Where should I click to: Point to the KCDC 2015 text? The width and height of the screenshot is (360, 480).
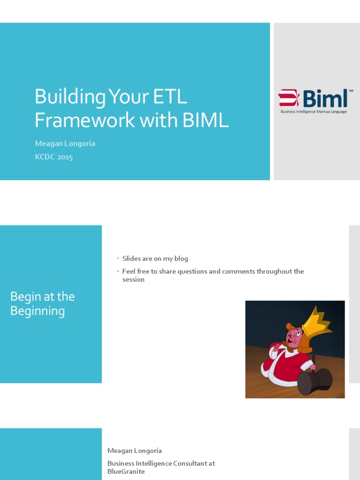[54, 157]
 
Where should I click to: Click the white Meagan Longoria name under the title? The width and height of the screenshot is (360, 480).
[65, 143]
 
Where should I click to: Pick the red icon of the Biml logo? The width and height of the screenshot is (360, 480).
[289, 98]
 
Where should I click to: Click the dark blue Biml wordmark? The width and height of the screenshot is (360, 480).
[325, 98]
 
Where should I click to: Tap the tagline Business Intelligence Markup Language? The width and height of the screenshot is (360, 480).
[314, 112]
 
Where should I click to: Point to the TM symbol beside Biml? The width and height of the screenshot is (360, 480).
[351, 90]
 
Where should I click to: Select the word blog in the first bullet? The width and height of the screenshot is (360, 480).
[181, 259]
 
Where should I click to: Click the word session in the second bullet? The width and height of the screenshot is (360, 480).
[133, 279]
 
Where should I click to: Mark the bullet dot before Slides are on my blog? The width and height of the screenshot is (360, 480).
[118, 259]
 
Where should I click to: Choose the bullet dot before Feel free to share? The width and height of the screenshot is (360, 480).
[118, 271]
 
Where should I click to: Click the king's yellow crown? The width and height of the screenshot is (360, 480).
[316, 322]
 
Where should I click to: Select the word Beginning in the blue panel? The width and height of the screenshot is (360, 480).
[37, 311]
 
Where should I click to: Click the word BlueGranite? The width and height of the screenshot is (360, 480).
[126, 472]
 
